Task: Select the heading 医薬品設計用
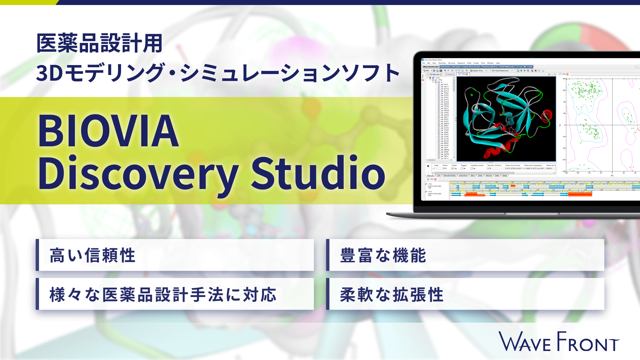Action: point(99,43)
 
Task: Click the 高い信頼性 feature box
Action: point(175,255)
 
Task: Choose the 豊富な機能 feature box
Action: point(465,255)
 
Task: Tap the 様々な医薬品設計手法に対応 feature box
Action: point(175,294)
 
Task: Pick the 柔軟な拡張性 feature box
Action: point(465,294)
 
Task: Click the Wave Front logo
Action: point(559,342)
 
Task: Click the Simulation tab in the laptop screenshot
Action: point(445,67)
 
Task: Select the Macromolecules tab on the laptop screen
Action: point(431,67)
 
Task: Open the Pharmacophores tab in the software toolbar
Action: point(490,67)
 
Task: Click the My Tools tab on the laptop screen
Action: point(528,67)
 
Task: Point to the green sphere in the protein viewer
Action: point(472,95)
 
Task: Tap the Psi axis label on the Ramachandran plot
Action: point(560,125)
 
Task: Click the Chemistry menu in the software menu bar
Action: point(442,63)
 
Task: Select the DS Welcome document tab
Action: point(434,74)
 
